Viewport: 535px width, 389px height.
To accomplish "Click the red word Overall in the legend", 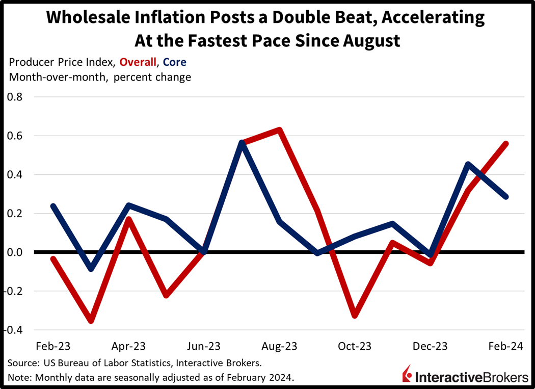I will click(x=137, y=62).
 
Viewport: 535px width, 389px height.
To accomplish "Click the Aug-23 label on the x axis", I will click(x=279, y=347).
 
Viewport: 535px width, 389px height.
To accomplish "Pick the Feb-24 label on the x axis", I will click(x=505, y=347).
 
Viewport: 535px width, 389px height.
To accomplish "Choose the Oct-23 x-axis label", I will click(x=355, y=347).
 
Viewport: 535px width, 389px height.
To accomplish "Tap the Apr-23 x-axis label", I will click(x=128, y=347).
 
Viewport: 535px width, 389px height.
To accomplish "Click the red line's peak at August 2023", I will click(x=279, y=129).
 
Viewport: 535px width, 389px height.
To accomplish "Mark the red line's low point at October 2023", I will click(x=355, y=316).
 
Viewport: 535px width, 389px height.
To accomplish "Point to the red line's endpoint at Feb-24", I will click(x=505, y=144).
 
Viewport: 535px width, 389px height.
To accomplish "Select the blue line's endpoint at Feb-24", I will click(x=505, y=196).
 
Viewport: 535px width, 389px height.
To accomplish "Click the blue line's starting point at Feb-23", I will click(x=53, y=206).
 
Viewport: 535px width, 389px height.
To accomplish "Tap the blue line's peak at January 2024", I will click(x=468, y=164).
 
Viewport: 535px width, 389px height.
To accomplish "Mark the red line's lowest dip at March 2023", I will click(x=91, y=321).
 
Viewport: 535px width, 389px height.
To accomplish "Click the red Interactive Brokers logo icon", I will click(x=407, y=373).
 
